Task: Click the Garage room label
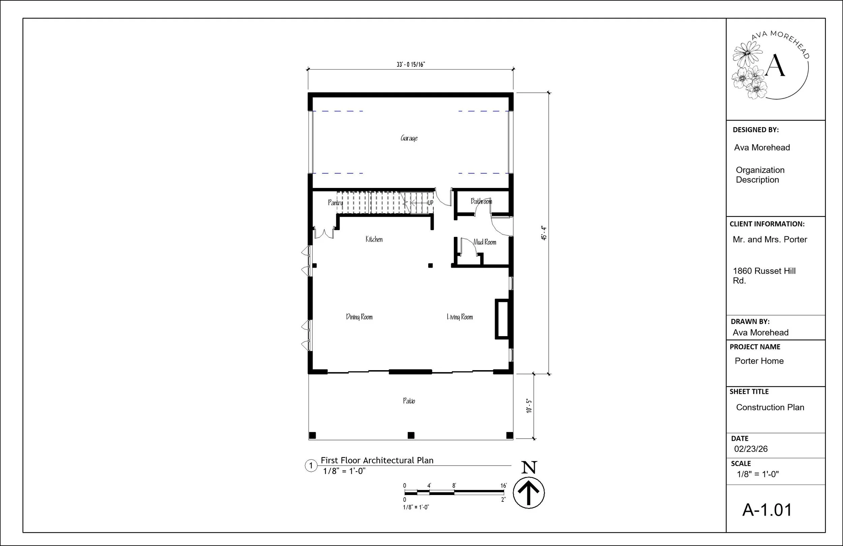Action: point(409,138)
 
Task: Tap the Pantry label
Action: point(335,202)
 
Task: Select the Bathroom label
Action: point(481,201)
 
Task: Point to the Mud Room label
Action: point(485,242)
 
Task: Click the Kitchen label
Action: point(374,239)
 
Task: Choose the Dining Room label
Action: point(359,317)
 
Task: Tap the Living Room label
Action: point(459,317)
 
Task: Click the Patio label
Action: point(409,401)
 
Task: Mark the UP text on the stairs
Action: point(430,203)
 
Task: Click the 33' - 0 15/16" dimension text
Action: point(410,64)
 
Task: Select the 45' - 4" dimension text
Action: point(544,233)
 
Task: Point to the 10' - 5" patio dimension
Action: point(529,406)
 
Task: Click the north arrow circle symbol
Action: point(528,493)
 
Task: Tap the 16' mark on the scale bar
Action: point(503,486)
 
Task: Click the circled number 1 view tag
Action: point(311,466)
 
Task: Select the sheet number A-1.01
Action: point(767,510)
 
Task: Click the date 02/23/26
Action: point(751,449)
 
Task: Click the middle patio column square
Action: point(411,435)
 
